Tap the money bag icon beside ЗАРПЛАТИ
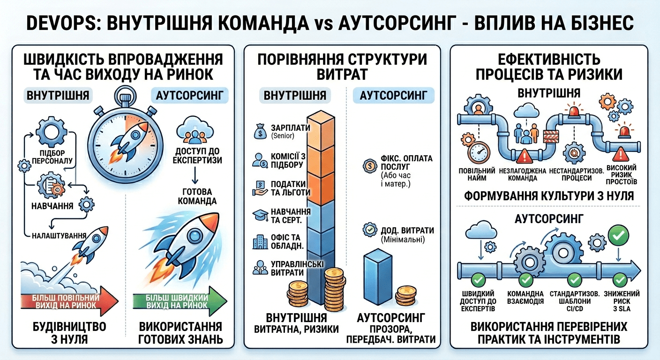[259, 131]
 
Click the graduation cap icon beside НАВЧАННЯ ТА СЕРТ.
[259, 215]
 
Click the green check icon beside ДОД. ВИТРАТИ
[370, 230]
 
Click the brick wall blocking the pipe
[551, 136]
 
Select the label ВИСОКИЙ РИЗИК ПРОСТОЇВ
[621, 174]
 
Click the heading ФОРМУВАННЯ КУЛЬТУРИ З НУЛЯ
[549, 195]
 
